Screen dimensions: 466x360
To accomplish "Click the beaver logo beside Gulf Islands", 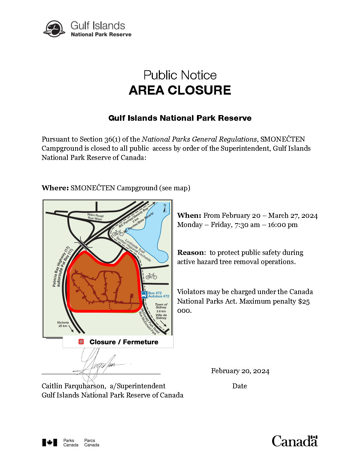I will [54, 29].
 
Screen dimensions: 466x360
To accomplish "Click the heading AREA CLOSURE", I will [180, 90].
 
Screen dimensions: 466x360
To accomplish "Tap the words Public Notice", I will [180, 75].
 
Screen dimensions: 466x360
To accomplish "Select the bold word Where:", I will [55, 188].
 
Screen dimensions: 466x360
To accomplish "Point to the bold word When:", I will [189, 215].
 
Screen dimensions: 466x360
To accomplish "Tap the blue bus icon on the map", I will [144, 294].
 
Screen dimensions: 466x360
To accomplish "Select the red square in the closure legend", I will [81, 342].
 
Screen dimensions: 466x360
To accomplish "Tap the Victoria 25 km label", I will [63, 324].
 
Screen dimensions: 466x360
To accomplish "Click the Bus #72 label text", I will [155, 293].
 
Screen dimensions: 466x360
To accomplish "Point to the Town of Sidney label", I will [161, 306].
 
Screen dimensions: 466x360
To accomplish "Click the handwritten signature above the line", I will [95, 364].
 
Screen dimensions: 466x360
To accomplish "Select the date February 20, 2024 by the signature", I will [240, 371].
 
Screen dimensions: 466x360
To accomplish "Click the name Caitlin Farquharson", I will [74, 386].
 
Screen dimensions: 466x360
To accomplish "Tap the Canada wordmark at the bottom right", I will [295, 441].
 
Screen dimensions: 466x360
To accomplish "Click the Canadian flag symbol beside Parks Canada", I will [50, 442].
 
